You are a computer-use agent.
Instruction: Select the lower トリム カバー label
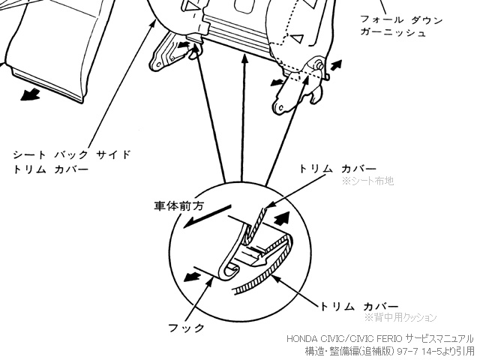click(x=359, y=306)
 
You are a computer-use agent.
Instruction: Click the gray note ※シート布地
click(x=367, y=181)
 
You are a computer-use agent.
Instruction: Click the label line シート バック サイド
click(x=72, y=154)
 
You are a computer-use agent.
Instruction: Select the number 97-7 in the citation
click(x=406, y=350)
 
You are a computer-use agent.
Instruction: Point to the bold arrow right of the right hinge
click(x=336, y=65)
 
